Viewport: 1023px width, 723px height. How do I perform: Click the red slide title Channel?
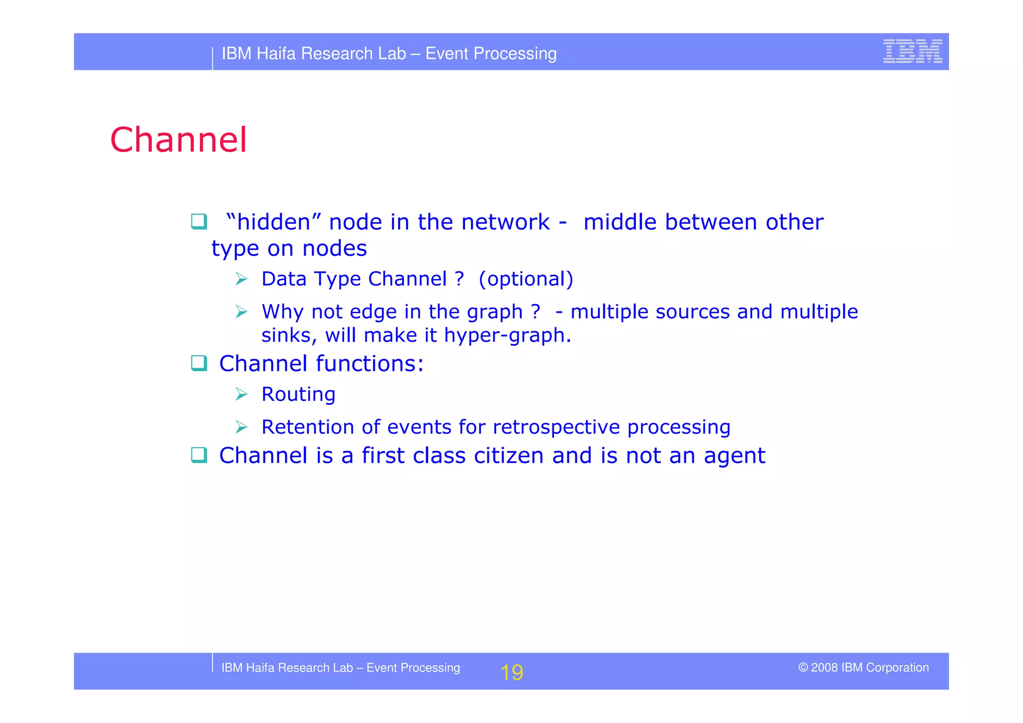point(178,140)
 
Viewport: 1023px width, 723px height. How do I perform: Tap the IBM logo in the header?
point(912,51)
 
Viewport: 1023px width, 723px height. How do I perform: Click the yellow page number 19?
point(511,673)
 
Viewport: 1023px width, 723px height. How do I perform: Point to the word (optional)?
point(525,279)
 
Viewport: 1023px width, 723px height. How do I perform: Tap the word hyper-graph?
point(507,335)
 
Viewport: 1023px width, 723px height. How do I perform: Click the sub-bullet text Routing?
point(298,394)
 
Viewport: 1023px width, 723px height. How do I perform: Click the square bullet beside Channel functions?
point(199,363)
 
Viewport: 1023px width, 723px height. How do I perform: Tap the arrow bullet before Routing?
point(241,394)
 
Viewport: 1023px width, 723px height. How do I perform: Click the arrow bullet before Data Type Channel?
point(241,279)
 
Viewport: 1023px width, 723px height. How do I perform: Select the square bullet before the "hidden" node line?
point(199,221)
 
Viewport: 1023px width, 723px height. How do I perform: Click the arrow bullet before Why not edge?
point(241,312)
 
